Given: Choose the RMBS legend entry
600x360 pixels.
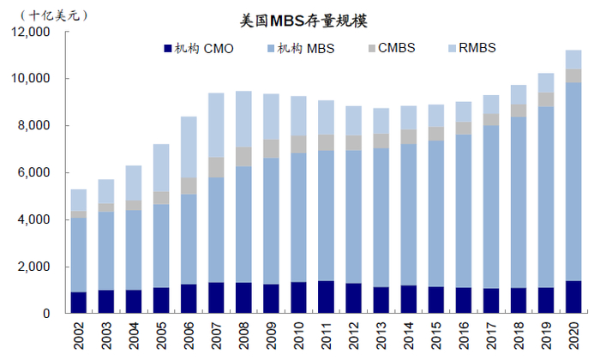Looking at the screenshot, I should point(476,48).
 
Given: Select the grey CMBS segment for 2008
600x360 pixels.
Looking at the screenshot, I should point(244,157).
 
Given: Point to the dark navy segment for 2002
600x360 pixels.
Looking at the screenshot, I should point(79,303).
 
